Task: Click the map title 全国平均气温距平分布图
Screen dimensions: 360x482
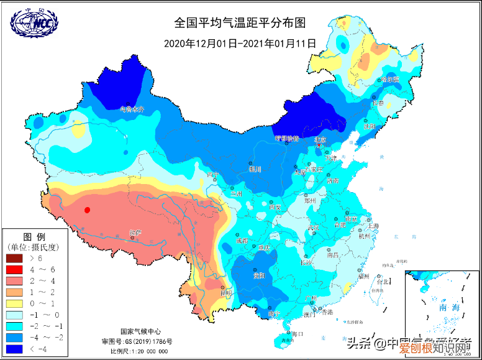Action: pyautogui.click(x=240, y=24)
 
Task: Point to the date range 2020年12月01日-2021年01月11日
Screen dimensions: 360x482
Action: pyautogui.click(x=240, y=44)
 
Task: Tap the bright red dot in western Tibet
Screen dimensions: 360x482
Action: pyautogui.click(x=88, y=210)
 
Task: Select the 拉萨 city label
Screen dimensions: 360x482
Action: pyautogui.click(x=135, y=233)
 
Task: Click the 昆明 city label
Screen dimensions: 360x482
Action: pyautogui.click(x=226, y=292)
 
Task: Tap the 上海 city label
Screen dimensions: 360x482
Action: pyautogui.click(x=373, y=226)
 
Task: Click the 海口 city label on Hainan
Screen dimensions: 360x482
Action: pyautogui.click(x=297, y=334)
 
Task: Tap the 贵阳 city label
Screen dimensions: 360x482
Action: pyautogui.click(x=258, y=275)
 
